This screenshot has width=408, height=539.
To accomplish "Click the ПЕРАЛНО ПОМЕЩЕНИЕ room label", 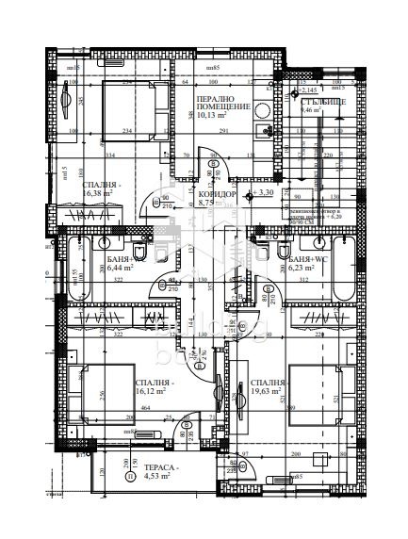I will click(x=222, y=103).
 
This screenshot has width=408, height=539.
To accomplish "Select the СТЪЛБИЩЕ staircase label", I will click(x=323, y=100).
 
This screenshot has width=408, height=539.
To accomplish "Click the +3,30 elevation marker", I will click(x=264, y=192).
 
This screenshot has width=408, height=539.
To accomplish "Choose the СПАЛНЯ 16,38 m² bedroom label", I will click(x=99, y=189).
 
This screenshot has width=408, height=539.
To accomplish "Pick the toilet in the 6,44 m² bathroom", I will click(x=139, y=253).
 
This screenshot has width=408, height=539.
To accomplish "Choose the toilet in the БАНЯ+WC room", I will click(x=283, y=252).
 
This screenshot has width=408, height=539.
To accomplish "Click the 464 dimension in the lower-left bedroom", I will click(x=146, y=407).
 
